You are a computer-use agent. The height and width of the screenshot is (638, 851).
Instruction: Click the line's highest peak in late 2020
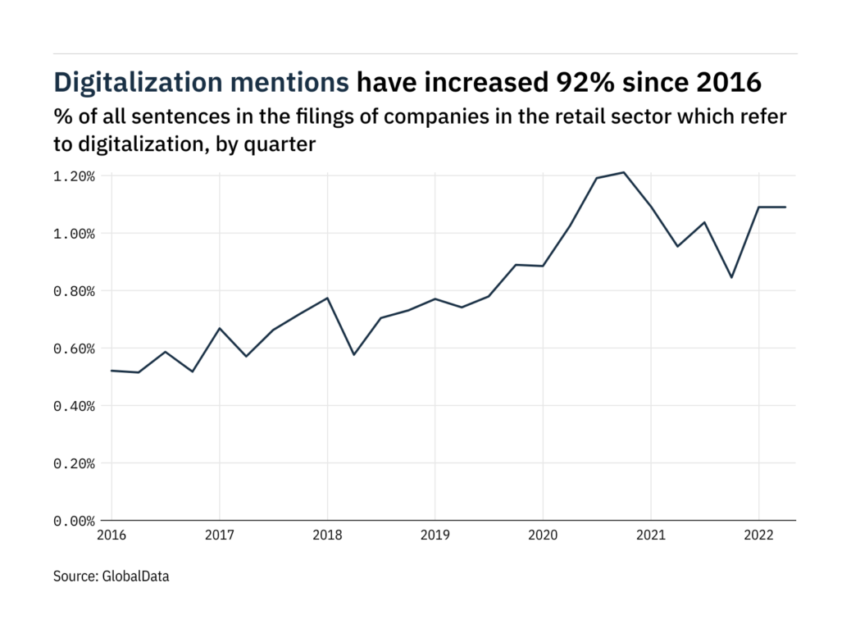click(x=624, y=172)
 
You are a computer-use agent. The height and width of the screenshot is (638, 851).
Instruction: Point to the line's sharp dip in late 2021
click(x=731, y=277)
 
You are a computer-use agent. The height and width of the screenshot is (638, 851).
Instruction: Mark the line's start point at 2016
click(x=111, y=371)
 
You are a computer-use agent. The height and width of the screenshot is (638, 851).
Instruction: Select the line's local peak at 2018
click(x=327, y=298)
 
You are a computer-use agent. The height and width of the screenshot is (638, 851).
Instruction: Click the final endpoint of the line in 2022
click(x=785, y=207)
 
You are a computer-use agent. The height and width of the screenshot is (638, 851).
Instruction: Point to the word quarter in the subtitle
click(x=285, y=145)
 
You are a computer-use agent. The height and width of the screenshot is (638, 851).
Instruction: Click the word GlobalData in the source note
click(x=136, y=576)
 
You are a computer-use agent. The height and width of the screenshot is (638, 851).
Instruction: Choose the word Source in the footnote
click(x=75, y=576)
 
